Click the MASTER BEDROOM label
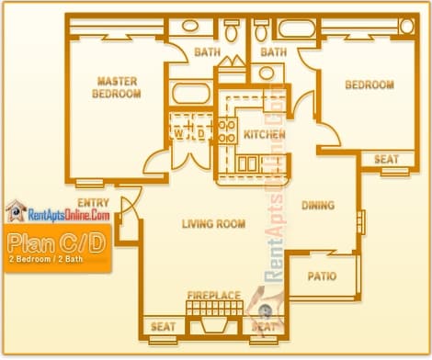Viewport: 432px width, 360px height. pyautogui.click(x=117, y=87)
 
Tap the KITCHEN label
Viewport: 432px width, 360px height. pyautogui.click(x=265, y=134)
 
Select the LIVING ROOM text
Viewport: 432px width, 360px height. pyautogui.click(x=213, y=224)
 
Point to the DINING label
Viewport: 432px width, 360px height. pyautogui.click(x=318, y=205)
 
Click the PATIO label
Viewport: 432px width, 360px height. pyautogui.click(x=322, y=276)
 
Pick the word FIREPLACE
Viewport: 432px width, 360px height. pyautogui.click(x=214, y=296)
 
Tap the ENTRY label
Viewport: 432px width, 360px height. pyautogui.click(x=93, y=203)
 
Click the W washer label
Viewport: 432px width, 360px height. pyautogui.click(x=178, y=133)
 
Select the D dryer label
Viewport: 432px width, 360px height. pyautogui.click(x=201, y=133)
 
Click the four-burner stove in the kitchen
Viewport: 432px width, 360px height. pyautogui.click(x=227, y=131)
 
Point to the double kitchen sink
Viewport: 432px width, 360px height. pyautogui.click(x=247, y=163)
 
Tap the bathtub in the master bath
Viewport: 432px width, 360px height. pyautogui.click(x=191, y=93)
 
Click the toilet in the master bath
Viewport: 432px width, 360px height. pyautogui.click(x=232, y=30)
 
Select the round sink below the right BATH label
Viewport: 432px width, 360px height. pyautogui.click(x=267, y=73)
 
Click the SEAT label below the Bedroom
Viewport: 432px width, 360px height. pyautogui.click(x=386, y=159)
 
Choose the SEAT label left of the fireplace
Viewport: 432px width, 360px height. pyautogui.click(x=163, y=327)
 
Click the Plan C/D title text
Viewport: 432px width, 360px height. pyautogui.click(x=57, y=242)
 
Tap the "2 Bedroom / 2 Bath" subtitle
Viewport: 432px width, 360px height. pyautogui.click(x=46, y=259)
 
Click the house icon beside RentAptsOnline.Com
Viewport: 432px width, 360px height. pyautogui.click(x=16, y=210)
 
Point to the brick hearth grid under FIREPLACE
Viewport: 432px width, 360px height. pyautogui.click(x=214, y=309)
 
